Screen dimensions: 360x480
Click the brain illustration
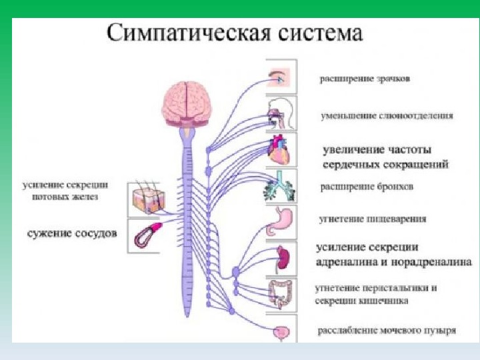tap(187, 103)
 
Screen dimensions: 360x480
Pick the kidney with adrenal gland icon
tap(281, 257)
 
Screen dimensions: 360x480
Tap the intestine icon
tap(281, 293)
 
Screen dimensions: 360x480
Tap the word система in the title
tap(325, 34)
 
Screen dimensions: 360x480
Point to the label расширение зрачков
tap(365, 79)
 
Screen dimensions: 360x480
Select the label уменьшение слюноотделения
tap(387, 115)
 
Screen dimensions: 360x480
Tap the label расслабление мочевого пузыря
tap(387, 330)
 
